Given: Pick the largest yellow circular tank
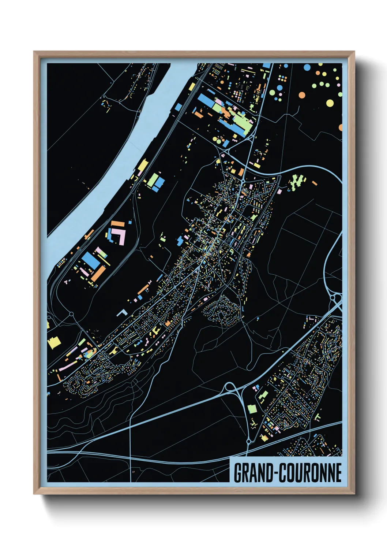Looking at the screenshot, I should (330, 103).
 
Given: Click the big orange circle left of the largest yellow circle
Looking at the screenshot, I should (302, 95).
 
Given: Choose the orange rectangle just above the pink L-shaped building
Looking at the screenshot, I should (116, 223).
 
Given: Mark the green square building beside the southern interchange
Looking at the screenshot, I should (252, 408).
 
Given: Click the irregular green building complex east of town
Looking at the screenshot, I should (297, 182).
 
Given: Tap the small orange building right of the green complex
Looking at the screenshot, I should (314, 183).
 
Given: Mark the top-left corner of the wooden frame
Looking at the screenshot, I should (34, 52).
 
